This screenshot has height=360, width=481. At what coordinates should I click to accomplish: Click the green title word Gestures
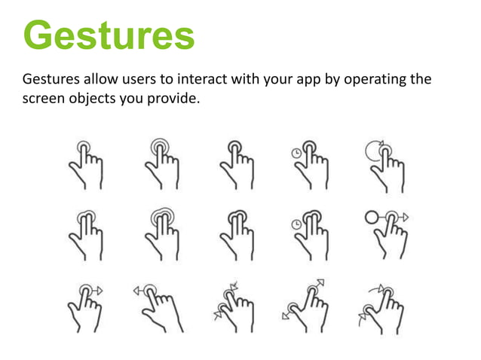point(109,35)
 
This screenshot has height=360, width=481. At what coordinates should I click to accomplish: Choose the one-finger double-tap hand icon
point(162,163)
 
